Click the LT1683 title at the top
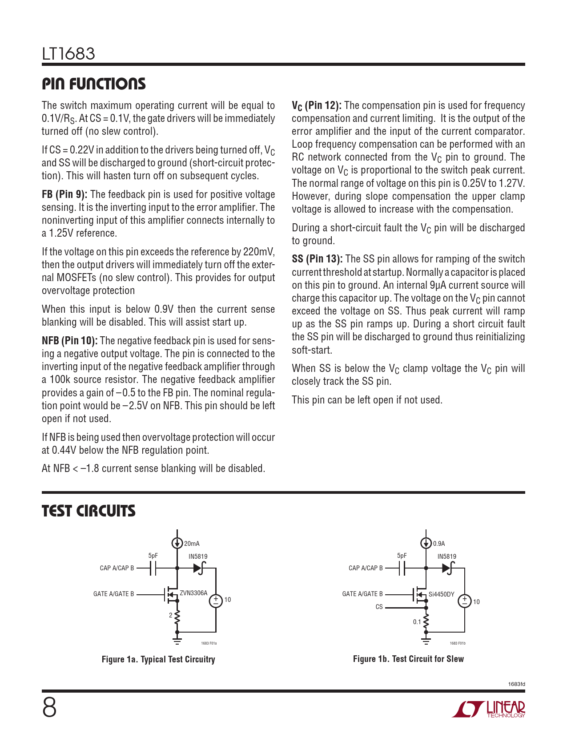tap(68, 54)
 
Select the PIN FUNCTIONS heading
tap(93, 84)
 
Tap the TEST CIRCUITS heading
tap(88, 511)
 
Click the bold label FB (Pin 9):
tap(64, 195)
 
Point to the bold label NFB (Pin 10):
tap(69, 341)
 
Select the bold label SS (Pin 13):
tap(317, 259)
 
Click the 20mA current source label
tap(192, 544)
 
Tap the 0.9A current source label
tap(439, 544)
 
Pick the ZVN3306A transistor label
tap(193, 593)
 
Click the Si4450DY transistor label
tap(441, 594)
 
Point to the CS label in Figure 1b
tap(379, 607)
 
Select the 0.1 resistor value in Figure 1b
tap(417, 622)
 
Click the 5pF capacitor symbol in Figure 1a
tap(153, 568)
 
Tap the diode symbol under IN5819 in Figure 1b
tap(447, 568)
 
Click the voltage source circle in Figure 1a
tap(216, 601)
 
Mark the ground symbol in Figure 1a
tap(177, 641)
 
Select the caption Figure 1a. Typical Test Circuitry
tap(158, 659)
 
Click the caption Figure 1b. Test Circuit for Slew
tap(408, 659)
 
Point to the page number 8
tap(49, 708)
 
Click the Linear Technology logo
tap(489, 709)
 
